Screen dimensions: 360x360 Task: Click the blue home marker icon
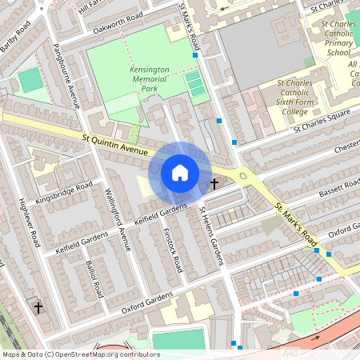(x=180, y=173)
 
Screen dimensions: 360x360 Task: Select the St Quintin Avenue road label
(x=116, y=145)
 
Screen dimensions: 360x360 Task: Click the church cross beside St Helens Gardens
(x=214, y=183)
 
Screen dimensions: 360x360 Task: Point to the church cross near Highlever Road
(x=37, y=306)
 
